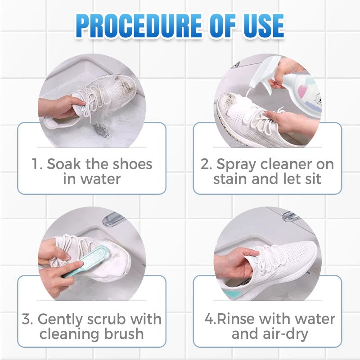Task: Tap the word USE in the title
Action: coord(264,26)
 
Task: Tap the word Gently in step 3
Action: coord(60,320)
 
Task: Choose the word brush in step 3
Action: coord(124,333)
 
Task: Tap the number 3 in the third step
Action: coord(27,319)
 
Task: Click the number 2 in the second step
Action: coord(205,164)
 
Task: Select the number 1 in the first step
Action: coord(36,164)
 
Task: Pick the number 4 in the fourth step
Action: coord(210,319)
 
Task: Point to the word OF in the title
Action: coord(222,26)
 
